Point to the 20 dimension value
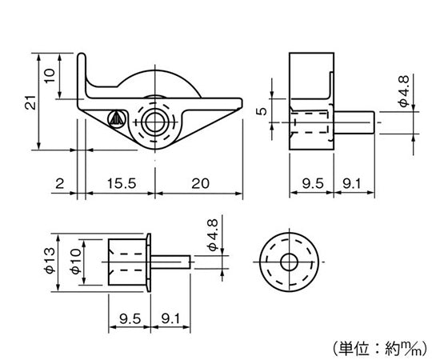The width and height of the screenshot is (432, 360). (x=200, y=183)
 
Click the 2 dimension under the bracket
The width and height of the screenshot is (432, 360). (x=59, y=183)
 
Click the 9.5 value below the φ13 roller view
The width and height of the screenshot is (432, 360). (x=126, y=318)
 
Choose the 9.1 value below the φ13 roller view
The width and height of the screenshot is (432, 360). (x=170, y=318)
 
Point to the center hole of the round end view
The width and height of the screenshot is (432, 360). (x=289, y=262)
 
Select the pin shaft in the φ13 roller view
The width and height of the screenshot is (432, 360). (x=171, y=262)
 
